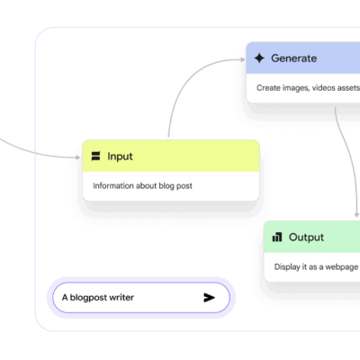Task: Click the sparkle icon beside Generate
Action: [x=259, y=58]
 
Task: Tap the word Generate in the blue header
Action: [x=293, y=58]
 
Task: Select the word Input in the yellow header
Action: [x=120, y=157]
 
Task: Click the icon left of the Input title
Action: [x=95, y=156]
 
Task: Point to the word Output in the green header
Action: [x=306, y=238]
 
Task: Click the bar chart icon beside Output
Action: [x=277, y=237]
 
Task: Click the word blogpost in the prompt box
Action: [x=88, y=298]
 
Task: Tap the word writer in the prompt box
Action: [x=121, y=298]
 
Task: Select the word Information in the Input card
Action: [x=113, y=185]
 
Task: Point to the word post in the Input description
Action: [x=184, y=186]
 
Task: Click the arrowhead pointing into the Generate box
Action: [x=243, y=59]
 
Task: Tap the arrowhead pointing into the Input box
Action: [x=77, y=157]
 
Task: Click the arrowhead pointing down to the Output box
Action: [x=356, y=215]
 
